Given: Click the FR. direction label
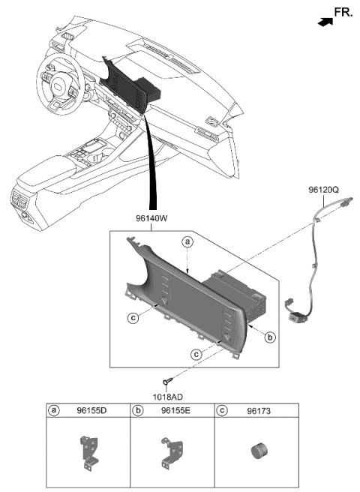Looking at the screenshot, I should coord(342,13).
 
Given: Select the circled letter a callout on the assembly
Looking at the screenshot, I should coord(187,241).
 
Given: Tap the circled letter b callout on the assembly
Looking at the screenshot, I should coord(268,337).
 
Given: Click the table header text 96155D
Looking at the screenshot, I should coord(91,411).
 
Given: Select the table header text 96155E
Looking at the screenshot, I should coord(176,411).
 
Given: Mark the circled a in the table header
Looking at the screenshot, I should coord(54,411).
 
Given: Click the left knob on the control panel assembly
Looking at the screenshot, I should coord(160,302).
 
